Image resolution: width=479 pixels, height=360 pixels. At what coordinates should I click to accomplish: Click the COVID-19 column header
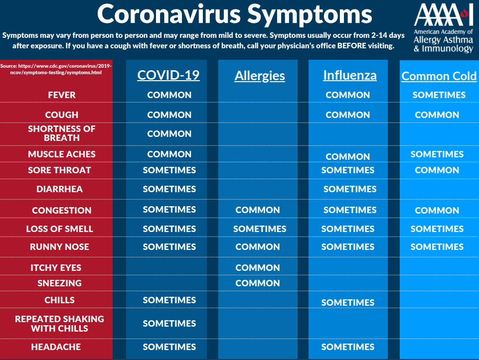(168, 75)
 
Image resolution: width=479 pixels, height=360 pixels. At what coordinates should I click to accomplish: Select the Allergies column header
(260, 76)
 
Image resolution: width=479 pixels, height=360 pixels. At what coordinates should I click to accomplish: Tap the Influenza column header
(350, 75)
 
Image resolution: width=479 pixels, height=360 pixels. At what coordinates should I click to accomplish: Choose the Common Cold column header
(439, 76)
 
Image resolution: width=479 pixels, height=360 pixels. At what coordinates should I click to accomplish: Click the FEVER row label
(62, 95)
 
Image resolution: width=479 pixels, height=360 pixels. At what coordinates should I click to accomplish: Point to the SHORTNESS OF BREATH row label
(62, 133)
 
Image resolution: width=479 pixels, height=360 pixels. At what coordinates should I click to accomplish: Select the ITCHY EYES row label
(56, 267)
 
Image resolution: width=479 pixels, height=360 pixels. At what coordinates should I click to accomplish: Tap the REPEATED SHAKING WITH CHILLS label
(60, 323)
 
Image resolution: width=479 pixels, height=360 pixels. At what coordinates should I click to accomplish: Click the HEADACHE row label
(56, 347)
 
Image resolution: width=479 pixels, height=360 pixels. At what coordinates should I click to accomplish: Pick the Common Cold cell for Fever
(439, 95)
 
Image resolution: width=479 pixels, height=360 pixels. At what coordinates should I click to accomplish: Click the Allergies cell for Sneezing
(258, 283)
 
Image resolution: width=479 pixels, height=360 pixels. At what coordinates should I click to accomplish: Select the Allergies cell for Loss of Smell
(260, 229)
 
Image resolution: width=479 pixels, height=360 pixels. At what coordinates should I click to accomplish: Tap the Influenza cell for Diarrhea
(350, 189)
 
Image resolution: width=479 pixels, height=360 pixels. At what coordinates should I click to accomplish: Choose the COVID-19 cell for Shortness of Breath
(169, 133)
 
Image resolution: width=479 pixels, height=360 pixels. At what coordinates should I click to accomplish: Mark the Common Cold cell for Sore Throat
(437, 170)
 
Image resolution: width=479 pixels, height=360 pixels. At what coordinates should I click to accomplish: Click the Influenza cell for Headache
(347, 347)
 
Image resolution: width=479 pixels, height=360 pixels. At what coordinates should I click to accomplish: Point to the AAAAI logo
(443, 28)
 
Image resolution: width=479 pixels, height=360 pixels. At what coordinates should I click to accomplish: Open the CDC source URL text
(56, 69)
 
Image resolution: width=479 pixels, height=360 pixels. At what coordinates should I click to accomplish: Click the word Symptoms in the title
(310, 14)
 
